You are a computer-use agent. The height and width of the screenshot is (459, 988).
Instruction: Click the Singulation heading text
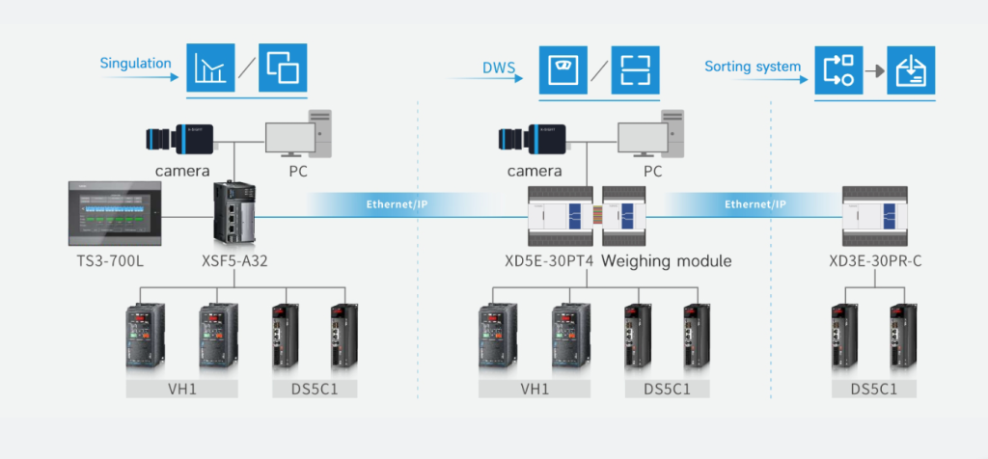(135, 64)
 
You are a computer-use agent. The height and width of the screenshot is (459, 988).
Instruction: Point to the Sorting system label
(753, 67)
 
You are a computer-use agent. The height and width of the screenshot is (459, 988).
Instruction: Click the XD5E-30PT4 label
(549, 260)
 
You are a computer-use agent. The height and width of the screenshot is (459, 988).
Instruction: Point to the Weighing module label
(666, 260)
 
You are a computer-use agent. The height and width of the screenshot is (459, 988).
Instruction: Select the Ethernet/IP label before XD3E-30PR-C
(755, 204)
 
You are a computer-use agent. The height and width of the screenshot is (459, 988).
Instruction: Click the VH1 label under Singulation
(182, 390)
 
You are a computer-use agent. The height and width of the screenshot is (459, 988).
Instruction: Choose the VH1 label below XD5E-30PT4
(535, 390)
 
